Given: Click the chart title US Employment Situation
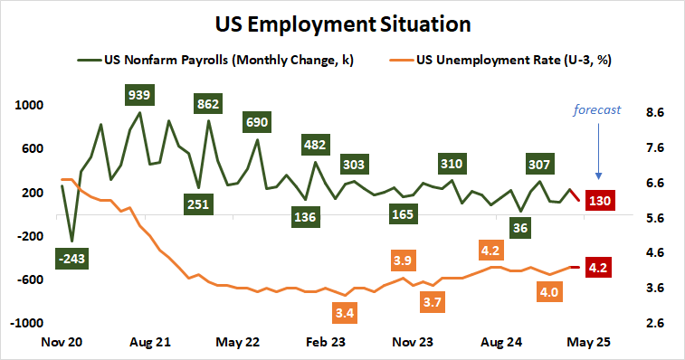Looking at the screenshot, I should [342, 21].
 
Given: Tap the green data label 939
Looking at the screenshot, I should [140, 94].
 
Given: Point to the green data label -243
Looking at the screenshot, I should [71, 259].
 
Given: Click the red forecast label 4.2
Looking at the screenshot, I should [598, 268].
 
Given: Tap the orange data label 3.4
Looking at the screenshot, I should [344, 313].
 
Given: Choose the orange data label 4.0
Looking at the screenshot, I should [549, 292].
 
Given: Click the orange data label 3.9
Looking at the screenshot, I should [404, 261].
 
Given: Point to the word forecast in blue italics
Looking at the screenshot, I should [597, 110].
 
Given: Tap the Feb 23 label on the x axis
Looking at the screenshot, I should [326, 343].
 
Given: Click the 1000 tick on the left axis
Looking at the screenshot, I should [30, 105].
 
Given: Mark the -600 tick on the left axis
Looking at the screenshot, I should [30, 279].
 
